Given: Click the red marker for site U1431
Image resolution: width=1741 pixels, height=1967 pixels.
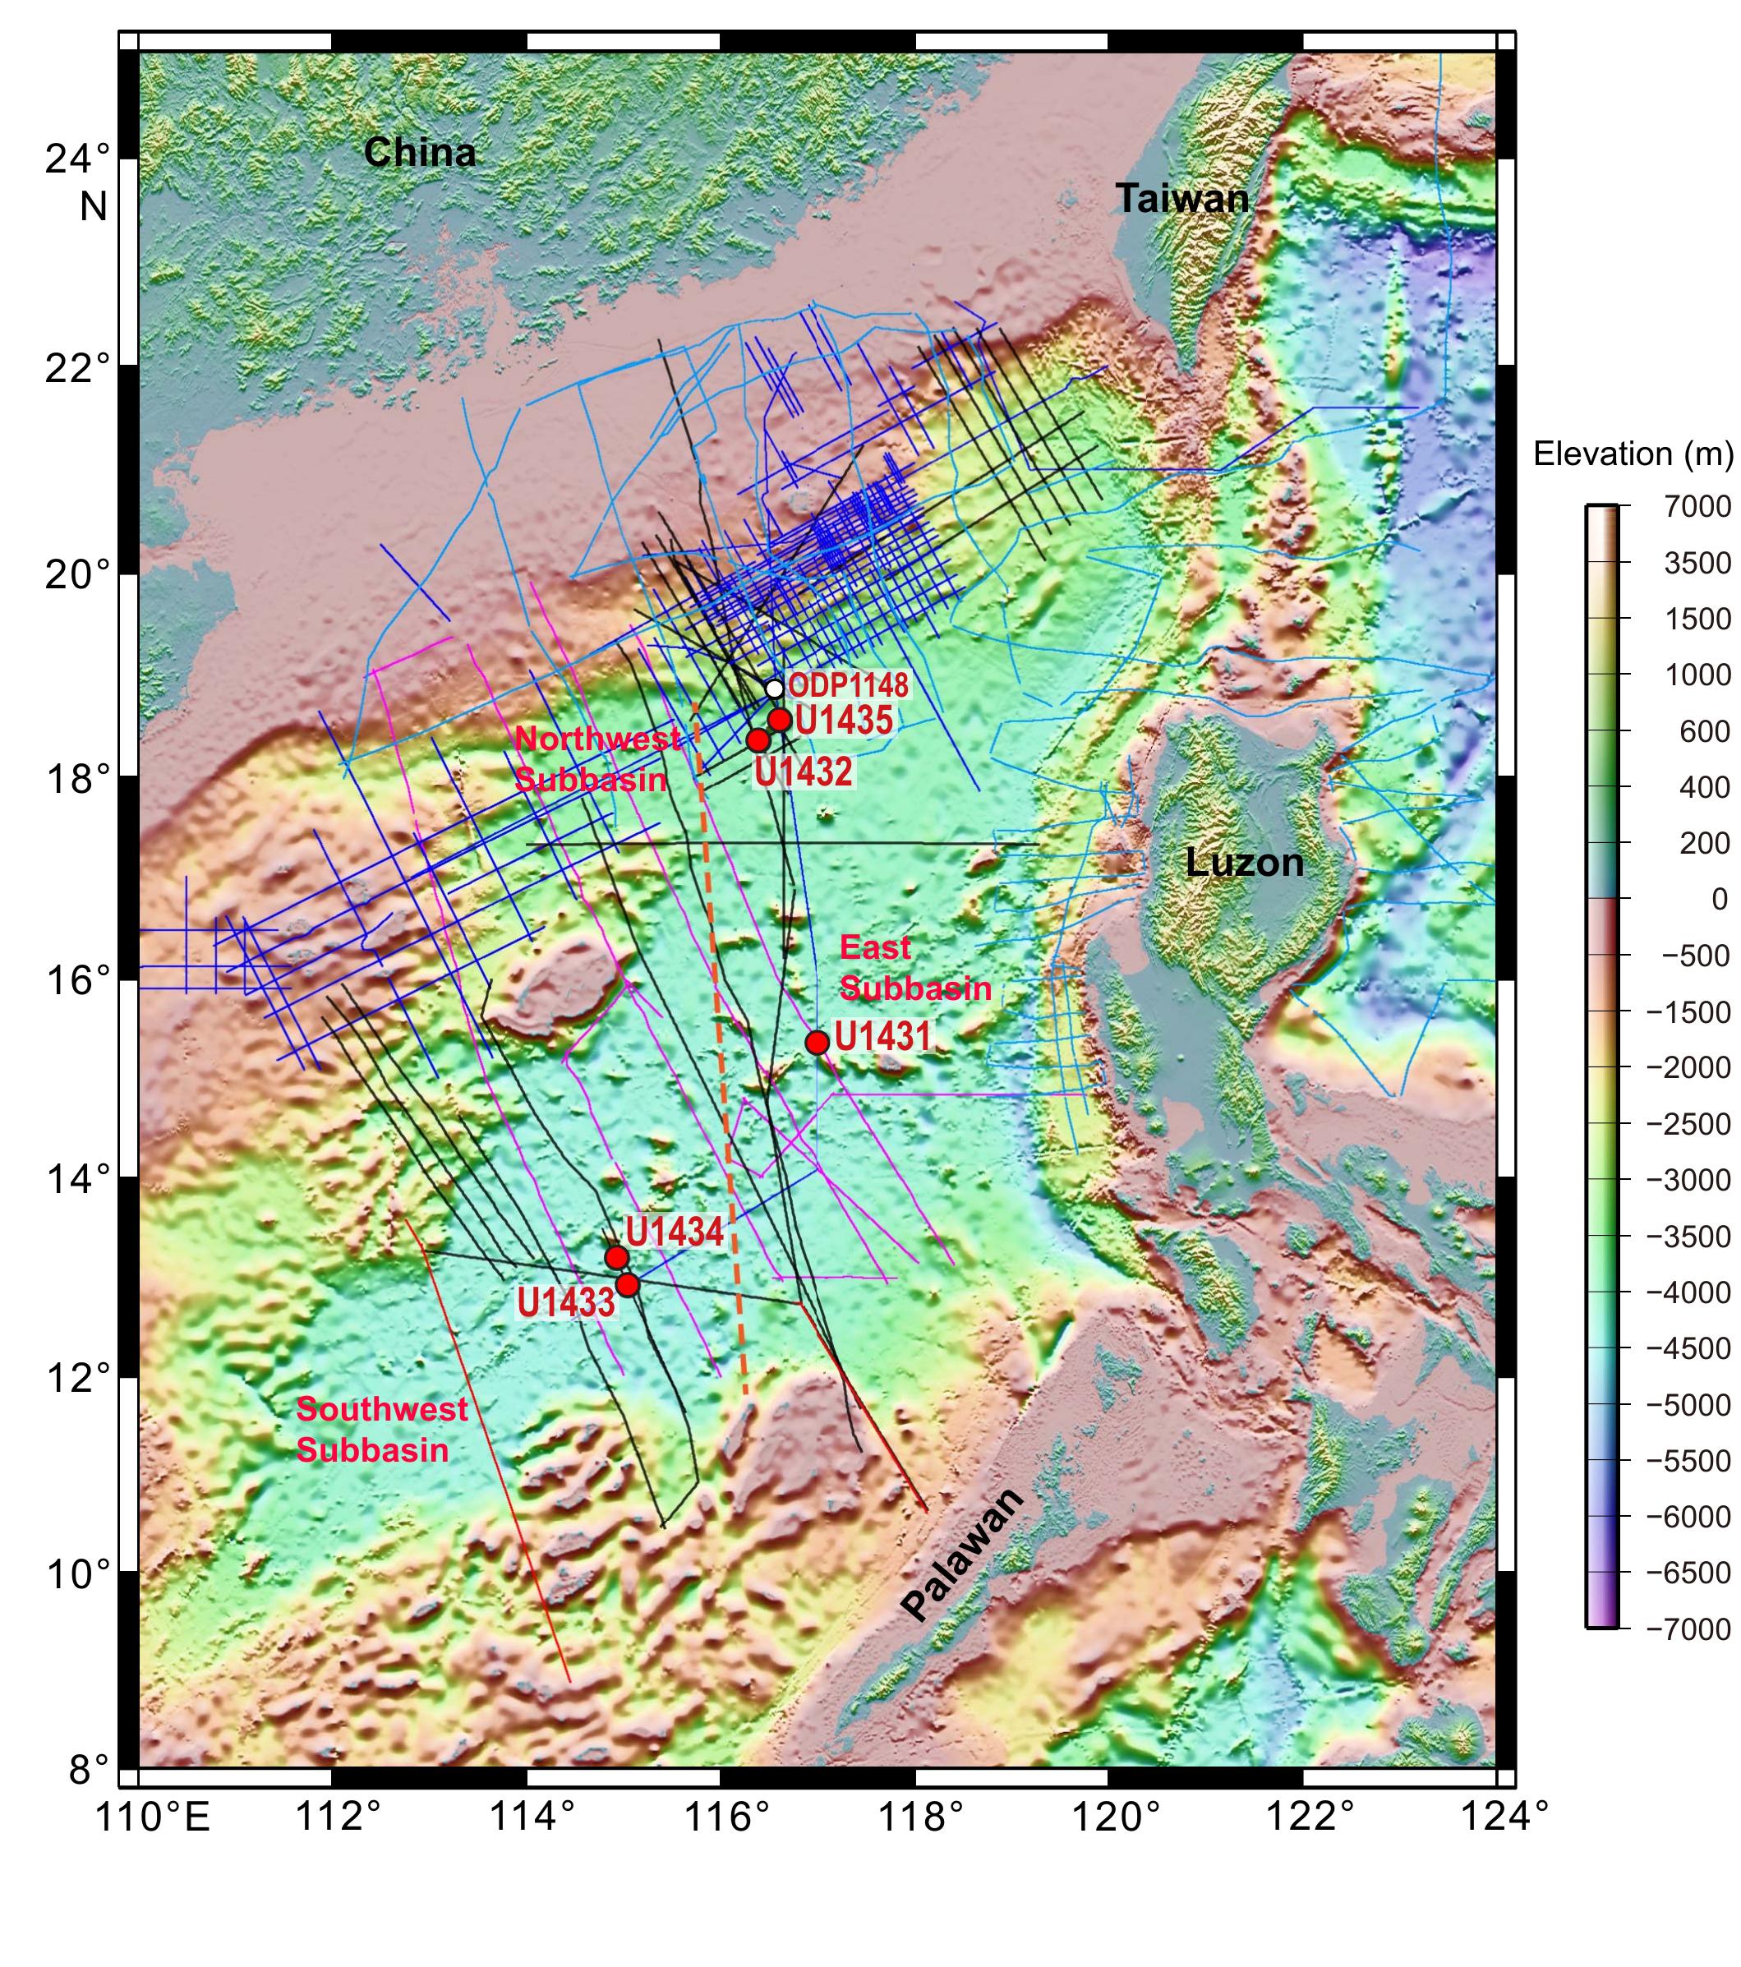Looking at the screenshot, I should pyautogui.click(x=817, y=1042).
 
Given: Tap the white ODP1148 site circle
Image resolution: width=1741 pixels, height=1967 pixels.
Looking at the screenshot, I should pyautogui.click(x=775, y=688).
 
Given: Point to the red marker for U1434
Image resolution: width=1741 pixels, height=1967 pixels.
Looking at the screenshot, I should pyautogui.click(x=617, y=1258).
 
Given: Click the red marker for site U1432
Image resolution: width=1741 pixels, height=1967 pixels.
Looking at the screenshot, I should pyautogui.click(x=758, y=740).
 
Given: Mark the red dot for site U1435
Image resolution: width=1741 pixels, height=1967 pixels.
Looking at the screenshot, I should pyautogui.click(x=780, y=720).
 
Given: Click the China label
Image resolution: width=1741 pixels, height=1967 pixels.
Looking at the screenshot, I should pyautogui.click(x=420, y=152).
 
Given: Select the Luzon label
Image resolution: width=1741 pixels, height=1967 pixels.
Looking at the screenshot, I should pyautogui.click(x=1245, y=862).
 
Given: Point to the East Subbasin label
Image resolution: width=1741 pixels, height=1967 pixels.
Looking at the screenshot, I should pyautogui.click(x=914, y=968).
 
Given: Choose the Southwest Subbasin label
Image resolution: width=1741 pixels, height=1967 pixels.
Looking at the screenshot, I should pyautogui.click(x=381, y=1429).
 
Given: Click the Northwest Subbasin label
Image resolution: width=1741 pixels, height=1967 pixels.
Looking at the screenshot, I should pyautogui.click(x=596, y=759).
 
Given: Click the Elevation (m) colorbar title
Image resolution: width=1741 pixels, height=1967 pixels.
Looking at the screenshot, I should pyautogui.click(x=1633, y=454).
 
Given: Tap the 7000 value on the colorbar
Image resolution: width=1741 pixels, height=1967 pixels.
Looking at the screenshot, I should pyautogui.click(x=1697, y=506).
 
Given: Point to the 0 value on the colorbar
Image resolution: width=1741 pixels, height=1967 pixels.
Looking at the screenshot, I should pyautogui.click(x=1719, y=899).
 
